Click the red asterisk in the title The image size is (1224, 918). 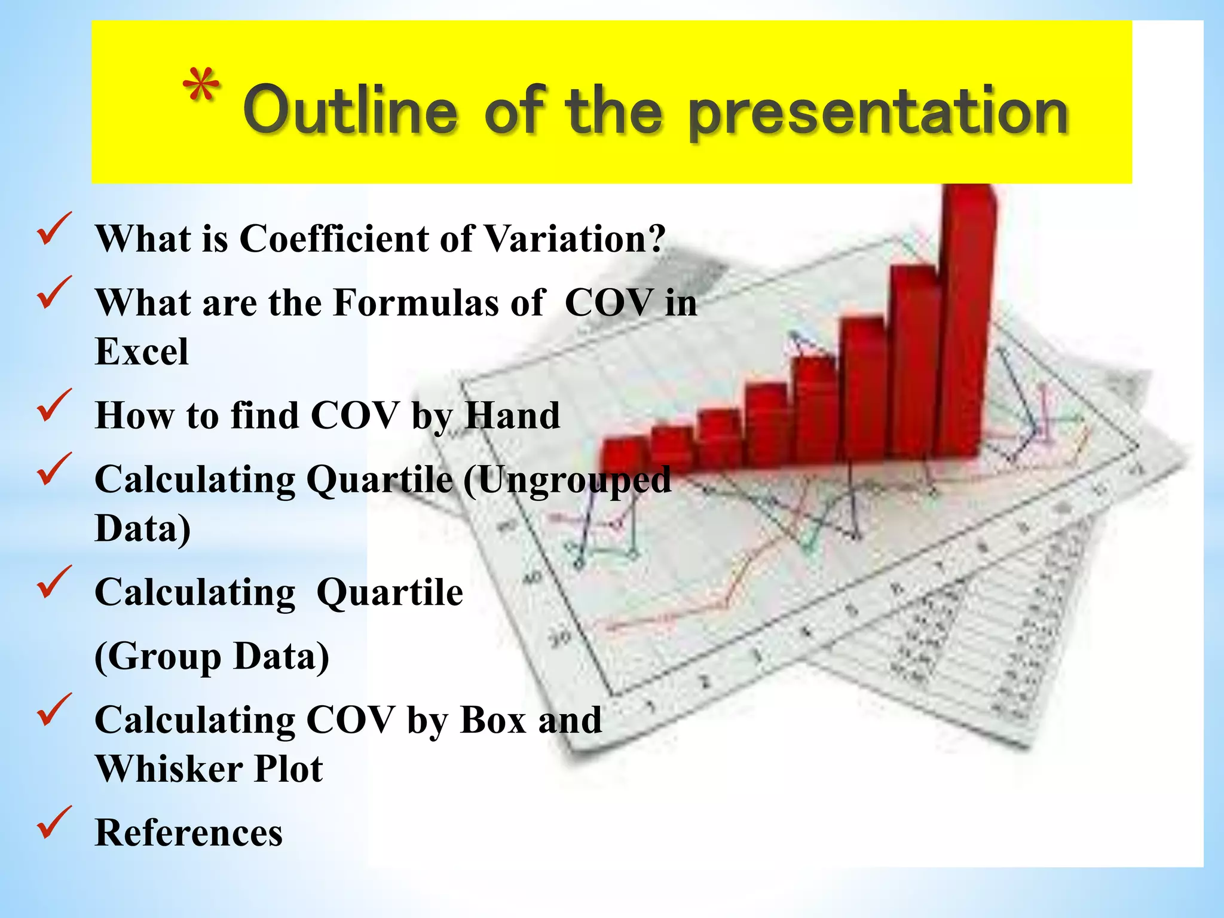click(x=201, y=88)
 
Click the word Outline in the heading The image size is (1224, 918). click(x=350, y=111)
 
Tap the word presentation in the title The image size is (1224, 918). click(x=878, y=113)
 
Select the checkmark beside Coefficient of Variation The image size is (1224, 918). click(x=54, y=229)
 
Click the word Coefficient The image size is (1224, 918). click(x=333, y=239)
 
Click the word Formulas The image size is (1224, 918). click(x=416, y=302)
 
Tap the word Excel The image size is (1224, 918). click(x=142, y=352)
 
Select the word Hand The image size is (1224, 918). click(x=512, y=415)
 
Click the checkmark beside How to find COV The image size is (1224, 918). click(x=54, y=405)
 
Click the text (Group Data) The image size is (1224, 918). click(x=212, y=657)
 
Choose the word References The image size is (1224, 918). click(x=188, y=833)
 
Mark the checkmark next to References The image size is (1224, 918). click(x=54, y=822)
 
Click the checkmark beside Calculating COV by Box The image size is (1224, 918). click(x=54, y=710)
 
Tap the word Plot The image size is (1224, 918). click(x=288, y=769)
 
